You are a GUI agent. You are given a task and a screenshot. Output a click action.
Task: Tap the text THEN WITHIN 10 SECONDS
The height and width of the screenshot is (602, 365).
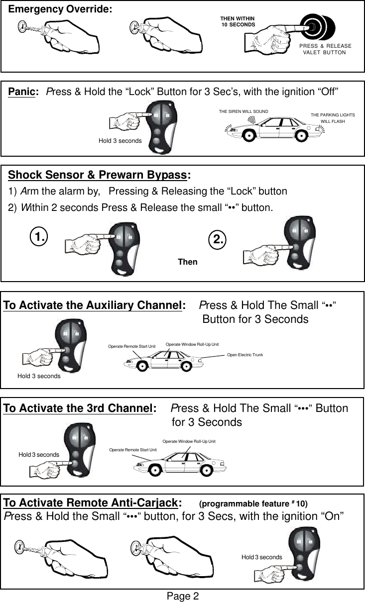(238, 21)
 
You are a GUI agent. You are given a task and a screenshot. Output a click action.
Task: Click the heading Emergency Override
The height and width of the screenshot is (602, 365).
(60, 9)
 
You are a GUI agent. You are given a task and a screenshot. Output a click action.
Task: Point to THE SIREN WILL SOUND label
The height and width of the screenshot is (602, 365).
(243, 111)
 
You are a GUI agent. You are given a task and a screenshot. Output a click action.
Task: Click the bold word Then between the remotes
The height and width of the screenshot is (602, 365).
(188, 262)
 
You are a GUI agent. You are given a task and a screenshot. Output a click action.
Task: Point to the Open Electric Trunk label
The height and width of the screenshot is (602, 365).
(245, 355)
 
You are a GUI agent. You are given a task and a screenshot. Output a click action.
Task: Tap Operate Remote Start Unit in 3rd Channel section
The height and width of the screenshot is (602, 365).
(132, 450)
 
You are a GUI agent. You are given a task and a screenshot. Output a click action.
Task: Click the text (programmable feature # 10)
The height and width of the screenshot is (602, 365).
(253, 503)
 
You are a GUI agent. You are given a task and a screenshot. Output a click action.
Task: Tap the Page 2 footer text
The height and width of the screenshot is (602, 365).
(183, 596)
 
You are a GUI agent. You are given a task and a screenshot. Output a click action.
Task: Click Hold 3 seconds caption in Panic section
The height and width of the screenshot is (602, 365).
(120, 141)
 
